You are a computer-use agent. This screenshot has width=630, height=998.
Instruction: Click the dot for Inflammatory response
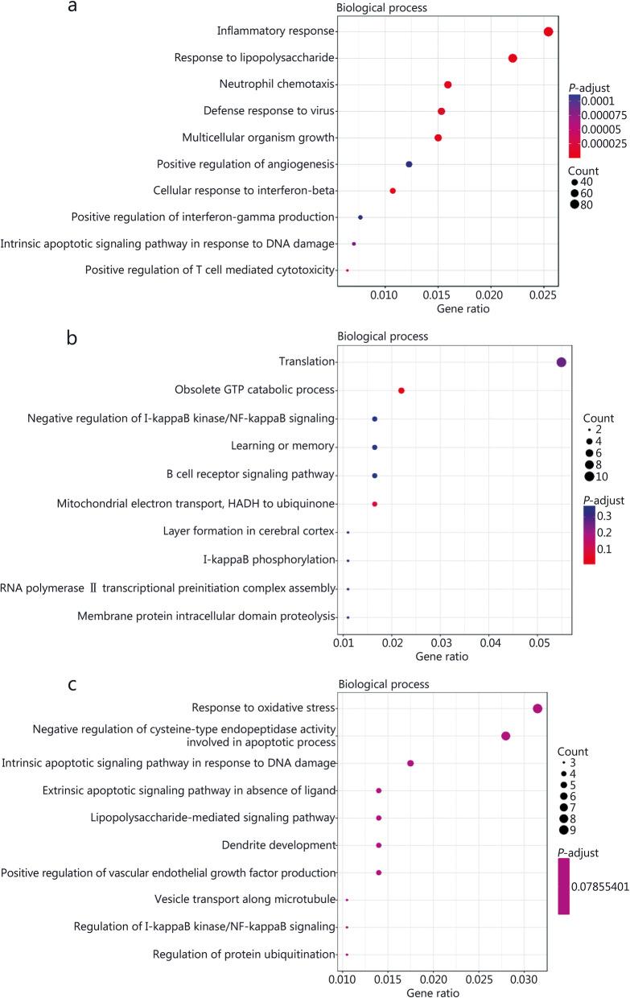(548, 31)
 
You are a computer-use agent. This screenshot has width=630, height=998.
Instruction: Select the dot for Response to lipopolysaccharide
(513, 58)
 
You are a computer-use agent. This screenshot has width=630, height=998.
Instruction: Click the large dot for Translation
(562, 362)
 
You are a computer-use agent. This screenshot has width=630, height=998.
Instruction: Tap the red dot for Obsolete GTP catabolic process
(401, 390)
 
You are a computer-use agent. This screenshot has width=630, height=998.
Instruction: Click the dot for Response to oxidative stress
(537, 708)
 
